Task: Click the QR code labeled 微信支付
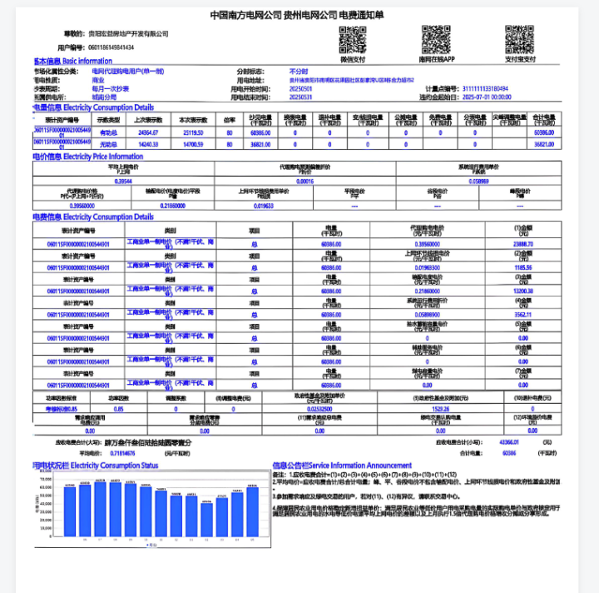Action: (353, 39)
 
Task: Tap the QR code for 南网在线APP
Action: (436, 39)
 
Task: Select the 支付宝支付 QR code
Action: (520, 39)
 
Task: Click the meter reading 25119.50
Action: (193, 132)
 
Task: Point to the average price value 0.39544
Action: (122, 181)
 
